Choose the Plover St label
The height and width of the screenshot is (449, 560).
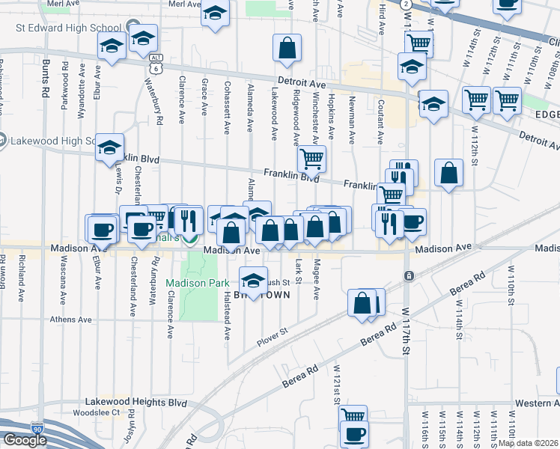tap(273, 335)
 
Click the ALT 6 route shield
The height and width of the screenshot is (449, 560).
tap(155, 63)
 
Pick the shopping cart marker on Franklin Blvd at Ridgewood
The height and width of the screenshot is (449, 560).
tap(311, 158)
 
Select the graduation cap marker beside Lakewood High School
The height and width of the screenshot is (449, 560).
tap(109, 148)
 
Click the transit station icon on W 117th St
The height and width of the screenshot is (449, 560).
tap(409, 275)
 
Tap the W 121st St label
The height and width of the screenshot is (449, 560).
tap(338, 383)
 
